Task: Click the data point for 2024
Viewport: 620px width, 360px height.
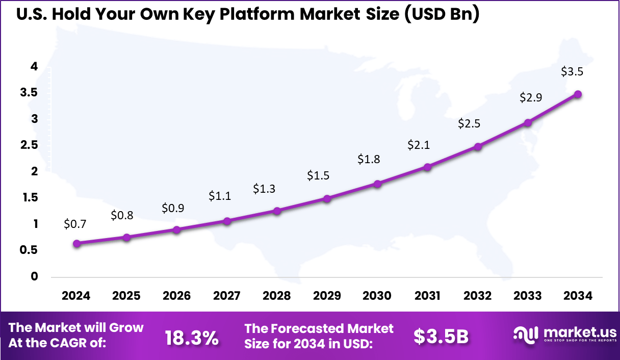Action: coord(76,244)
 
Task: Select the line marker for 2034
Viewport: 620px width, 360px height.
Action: coord(578,94)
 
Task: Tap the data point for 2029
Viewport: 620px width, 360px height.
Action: coord(327,198)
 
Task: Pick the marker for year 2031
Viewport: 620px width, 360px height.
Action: coord(427,167)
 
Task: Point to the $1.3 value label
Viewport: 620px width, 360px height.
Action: coord(264,189)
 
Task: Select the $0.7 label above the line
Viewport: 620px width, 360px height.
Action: coord(75,223)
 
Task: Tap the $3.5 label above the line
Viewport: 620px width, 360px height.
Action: coord(572,72)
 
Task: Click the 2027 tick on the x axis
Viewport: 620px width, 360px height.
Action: coord(227,296)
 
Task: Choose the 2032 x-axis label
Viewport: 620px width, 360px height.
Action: coord(477,296)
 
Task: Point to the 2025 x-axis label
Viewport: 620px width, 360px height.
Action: coord(126,296)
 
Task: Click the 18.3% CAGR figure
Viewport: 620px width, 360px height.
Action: coord(192,337)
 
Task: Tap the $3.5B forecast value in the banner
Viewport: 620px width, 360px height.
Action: coord(441,337)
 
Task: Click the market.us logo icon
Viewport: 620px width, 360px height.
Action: coord(525,335)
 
